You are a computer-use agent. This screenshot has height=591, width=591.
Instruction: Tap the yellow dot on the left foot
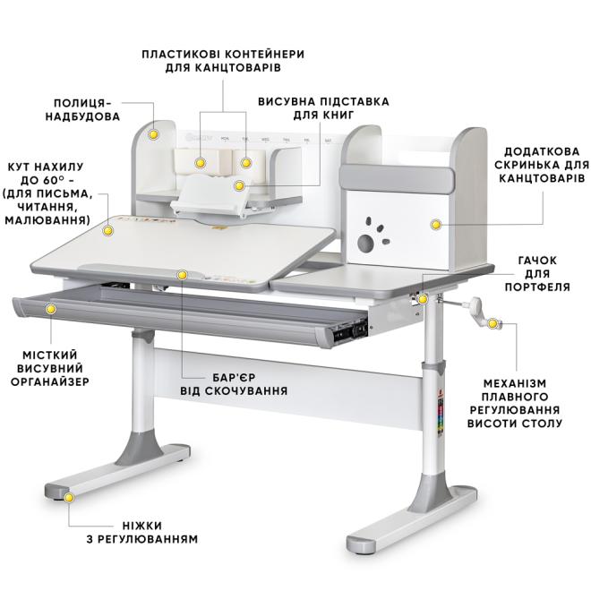pos(69,498)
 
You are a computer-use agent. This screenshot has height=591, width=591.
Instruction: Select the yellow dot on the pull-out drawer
pos(50,309)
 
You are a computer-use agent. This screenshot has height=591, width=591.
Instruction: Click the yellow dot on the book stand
pos(239,185)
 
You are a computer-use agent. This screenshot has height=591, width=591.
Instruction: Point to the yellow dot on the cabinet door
pos(436,225)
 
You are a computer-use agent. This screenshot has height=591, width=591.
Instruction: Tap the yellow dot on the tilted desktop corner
pos(108,230)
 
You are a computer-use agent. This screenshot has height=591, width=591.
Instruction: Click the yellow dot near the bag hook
pos(423,299)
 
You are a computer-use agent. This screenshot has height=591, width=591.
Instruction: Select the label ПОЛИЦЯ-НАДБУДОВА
pos(83,109)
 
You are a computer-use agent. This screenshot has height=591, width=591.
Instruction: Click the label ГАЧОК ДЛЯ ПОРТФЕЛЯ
pos(537,274)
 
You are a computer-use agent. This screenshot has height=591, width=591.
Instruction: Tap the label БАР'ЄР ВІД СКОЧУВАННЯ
pos(234,384)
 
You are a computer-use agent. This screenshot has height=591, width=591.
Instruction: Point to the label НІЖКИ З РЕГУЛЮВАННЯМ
pos(142,532)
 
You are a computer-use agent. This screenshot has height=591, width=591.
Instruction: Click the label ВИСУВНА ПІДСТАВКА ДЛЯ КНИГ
pos(323,107)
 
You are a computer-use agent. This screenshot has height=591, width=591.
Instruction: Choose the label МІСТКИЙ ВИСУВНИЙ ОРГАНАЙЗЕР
pos(50,368)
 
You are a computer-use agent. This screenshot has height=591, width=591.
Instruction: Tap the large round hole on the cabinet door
pos(365,244)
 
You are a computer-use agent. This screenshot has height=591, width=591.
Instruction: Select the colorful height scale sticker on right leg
pos(441,415)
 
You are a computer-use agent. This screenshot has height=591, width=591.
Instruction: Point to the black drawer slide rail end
pos(349,331)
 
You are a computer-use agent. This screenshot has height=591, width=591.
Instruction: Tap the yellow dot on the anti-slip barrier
pos(182,275)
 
